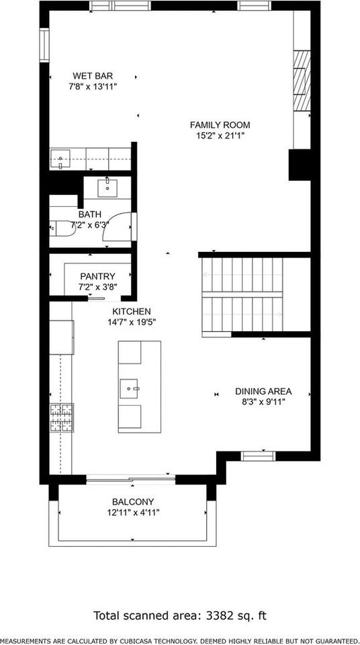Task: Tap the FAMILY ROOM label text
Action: pyautogui.click(x=220, y=125)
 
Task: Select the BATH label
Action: pyautogui.click(x=89, y=214)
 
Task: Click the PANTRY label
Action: pyautogui.click(x=98, y=275)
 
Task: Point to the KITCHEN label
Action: pyautogui.click(x=131, y=311)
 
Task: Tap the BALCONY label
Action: pyautogui.click(x=133, y=501)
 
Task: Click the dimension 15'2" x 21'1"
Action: pyautogui.click(x=220, y=136)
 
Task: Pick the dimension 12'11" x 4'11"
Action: pyautogui.click(x=133, y=512)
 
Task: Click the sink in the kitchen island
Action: pyautogui.click(x=130, y=388)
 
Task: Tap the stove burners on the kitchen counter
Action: pyautogui.click(x=60, y=418)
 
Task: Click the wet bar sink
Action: pyautogui.click(x=61, y=161)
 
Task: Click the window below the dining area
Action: pyautogui.click(x=258, y=456)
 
